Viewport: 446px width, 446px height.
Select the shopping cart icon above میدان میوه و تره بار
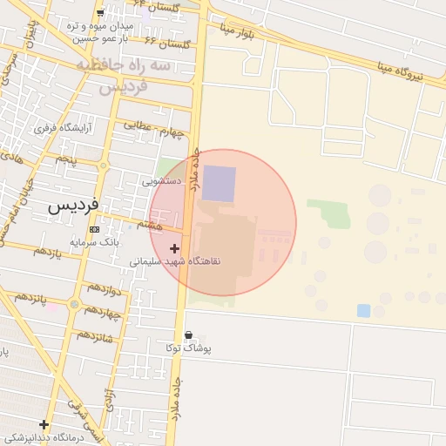pos(100,13)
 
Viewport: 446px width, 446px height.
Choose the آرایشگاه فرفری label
pos(63,128)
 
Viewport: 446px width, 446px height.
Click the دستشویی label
pos(162,182)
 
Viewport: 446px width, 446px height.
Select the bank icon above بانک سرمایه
pos(94,229)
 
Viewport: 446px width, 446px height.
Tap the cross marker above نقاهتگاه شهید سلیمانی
pos(175,248)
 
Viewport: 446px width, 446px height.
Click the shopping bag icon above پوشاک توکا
pos(189,335)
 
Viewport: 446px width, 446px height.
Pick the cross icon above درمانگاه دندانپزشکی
pos(44,425)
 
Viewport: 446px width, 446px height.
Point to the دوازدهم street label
pos(103,288)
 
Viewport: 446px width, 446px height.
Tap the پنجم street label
pos(66,160)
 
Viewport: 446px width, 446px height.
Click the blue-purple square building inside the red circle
pos(220,184)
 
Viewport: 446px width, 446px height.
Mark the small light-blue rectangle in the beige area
pos(363,310)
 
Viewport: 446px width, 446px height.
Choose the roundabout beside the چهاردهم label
pos(75,305)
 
